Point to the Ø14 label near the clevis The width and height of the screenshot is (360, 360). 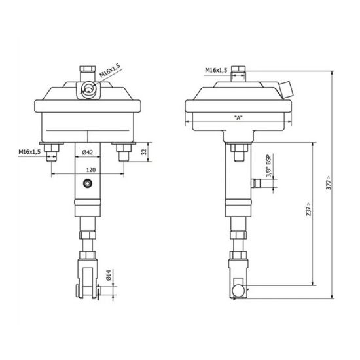click(x=108, y=277)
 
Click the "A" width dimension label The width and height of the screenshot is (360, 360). click(x=239, y=118)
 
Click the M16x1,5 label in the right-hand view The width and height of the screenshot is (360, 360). click(x=216, y=69)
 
